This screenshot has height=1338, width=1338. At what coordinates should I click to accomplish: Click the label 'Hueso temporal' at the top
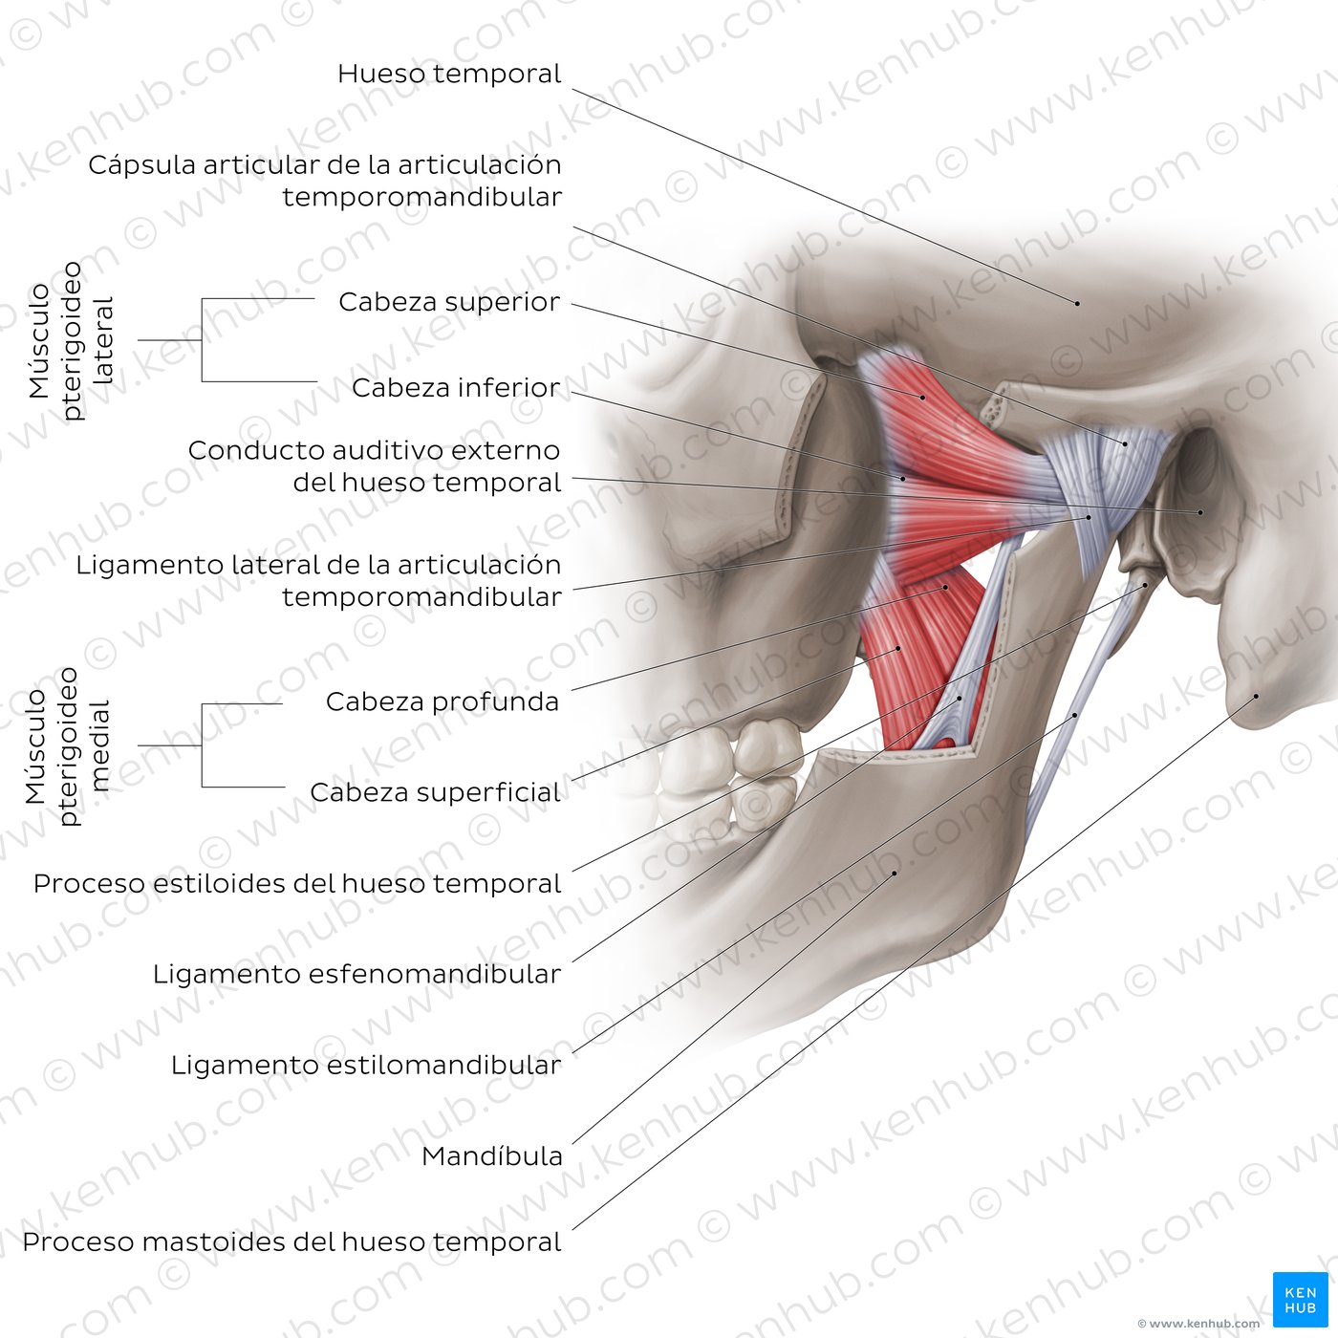click(449, 74)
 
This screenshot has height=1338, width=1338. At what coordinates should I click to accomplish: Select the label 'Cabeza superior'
click(449, 302)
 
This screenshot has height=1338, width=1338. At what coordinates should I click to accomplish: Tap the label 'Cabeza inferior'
click(456, 387)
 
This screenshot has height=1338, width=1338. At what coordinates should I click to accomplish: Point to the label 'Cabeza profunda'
click(442, 702)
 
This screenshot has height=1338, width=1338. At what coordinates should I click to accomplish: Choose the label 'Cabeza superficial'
click(436, 792)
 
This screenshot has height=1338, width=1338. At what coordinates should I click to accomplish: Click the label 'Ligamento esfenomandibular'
click(356, 974)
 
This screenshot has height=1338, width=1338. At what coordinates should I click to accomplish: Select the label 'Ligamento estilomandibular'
click(366, 1065)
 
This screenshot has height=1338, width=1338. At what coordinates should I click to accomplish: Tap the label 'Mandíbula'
click(491, 1156)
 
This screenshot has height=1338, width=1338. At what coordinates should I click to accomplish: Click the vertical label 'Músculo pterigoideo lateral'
click(70, 341)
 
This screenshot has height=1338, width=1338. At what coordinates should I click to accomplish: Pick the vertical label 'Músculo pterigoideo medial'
click(67, 746)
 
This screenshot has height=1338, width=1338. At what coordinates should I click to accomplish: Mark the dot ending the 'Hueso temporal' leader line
click(1078, 303)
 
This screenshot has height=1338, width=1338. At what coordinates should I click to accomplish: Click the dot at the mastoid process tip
click(1256, 696)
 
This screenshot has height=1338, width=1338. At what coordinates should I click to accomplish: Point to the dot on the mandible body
click(895, 873)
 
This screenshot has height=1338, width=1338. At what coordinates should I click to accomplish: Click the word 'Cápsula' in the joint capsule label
click(141, 166)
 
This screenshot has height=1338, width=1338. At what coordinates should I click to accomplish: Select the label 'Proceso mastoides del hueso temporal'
click(291, 1242)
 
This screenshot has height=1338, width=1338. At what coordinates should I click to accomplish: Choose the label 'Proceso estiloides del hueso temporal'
click(297, 884)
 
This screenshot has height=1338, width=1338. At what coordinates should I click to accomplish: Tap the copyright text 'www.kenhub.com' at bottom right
click(1203, 1324)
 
